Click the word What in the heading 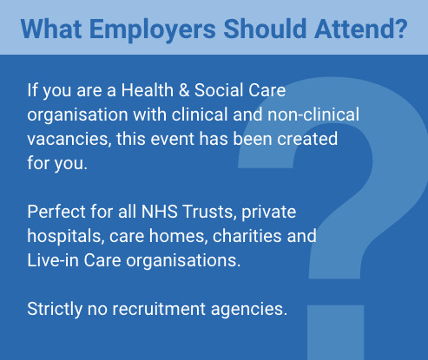[51, 29]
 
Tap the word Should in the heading [265, 29]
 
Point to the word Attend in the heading [357, 29]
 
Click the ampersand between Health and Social [184, 90]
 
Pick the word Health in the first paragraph [147, 90]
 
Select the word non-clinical [313, 115]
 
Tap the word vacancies [69, 139]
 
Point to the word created [307, 139]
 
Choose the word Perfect [56, 212]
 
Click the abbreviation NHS [160, 212]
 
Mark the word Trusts [208, 212]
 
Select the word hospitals [66, 236]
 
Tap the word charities [247, 236]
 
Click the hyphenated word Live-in [53, 260]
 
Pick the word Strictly [55, 309]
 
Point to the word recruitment [159, 309]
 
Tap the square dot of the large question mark [335, 332]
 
